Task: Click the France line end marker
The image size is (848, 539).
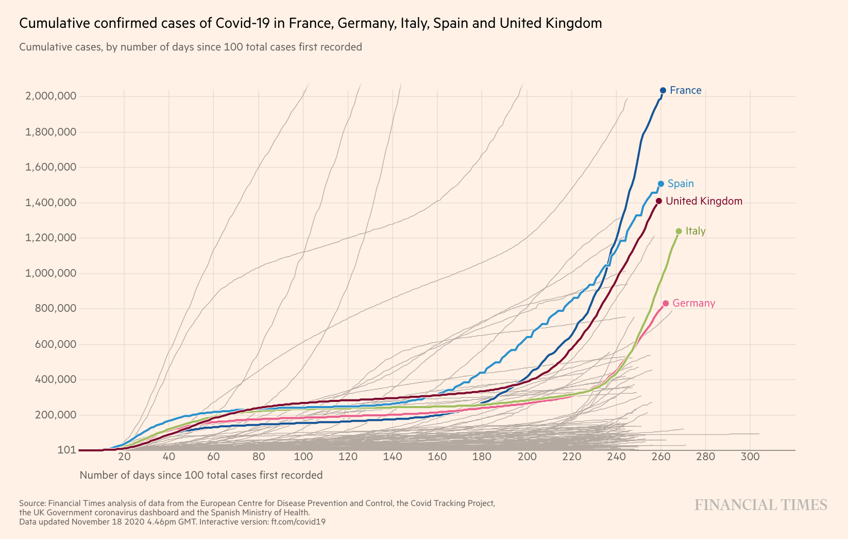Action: click(663, 90)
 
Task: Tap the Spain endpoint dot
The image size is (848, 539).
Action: click(661, 183)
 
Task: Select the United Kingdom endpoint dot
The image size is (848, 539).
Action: click(659, 201)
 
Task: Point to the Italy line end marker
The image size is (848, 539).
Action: click(679, 231)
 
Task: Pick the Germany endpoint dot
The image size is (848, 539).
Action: click(666, 303)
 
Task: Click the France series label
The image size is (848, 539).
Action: click(685, 90)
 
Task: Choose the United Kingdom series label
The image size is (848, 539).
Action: click(704, 201)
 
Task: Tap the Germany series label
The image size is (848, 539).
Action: click(693, 303)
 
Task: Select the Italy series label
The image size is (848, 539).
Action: click(695, 231)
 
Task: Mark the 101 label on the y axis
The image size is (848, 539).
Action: click(67, 450)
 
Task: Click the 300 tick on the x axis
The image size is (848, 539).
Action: click(750, 457)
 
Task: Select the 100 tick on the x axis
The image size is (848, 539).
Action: click(303, 457)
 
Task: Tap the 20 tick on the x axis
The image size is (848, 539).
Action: click(124, 457)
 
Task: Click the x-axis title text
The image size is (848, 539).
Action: click(201, 475)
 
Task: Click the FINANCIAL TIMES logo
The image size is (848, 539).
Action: click(761, 504)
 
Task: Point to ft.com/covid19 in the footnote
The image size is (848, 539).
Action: click(298, 521)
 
